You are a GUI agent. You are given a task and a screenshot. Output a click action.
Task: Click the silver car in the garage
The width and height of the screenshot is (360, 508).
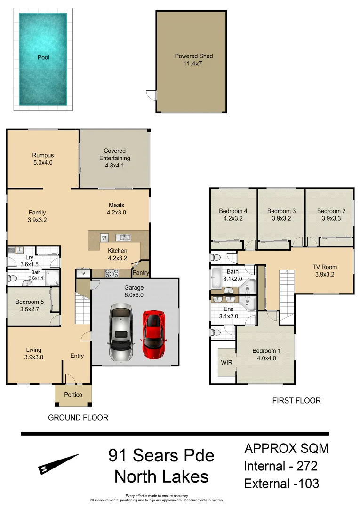click(x=120, y=332)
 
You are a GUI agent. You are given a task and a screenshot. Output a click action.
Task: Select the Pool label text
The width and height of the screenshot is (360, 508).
click(x=43, y=57)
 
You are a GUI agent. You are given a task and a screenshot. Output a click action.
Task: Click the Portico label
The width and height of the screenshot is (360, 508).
click(x=73, y=395)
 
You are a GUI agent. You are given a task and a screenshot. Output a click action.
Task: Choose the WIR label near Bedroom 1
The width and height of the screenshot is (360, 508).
click(x=226, y=363)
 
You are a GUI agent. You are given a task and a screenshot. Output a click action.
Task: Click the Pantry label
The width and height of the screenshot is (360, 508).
click(x=141, y=273)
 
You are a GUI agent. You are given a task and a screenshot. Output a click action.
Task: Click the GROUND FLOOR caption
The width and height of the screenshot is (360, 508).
click(x=78, y=417)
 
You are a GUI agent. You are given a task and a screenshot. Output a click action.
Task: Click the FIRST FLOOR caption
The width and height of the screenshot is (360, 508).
click(x=296, y=401)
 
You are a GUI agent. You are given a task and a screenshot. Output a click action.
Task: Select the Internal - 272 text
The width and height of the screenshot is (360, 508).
click(x=280, y=466)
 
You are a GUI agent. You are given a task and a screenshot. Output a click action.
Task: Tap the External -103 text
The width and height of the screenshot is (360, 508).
click(x=281, y=483)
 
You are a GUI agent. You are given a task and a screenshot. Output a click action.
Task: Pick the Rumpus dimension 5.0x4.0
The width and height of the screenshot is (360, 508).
click(x=43, y=163)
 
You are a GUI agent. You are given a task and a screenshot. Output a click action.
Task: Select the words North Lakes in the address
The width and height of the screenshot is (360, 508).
click(x=161, y=476)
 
